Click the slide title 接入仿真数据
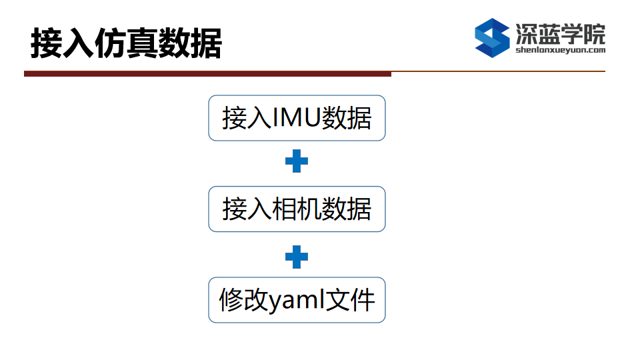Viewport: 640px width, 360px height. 126,43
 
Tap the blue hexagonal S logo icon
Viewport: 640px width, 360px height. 492,38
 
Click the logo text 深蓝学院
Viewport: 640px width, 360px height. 561,33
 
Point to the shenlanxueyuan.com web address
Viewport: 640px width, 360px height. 561,50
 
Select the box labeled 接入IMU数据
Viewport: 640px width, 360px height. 297,118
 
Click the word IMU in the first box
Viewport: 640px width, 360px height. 296,118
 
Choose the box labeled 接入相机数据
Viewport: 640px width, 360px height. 297,209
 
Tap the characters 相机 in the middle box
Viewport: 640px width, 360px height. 297,209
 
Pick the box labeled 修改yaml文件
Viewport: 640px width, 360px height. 297,300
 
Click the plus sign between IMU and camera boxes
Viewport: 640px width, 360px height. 297,161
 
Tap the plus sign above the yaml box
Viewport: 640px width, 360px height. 297,257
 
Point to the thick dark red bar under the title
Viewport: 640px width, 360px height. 208,74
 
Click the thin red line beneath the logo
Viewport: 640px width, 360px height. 499,71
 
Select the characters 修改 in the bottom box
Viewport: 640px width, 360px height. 243,300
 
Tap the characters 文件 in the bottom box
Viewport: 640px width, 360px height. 350,300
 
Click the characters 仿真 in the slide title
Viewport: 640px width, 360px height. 126,43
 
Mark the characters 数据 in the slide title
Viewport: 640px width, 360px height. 190,43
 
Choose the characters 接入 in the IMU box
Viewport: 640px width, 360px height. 247,118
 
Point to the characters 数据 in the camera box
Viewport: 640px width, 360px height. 347,209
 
